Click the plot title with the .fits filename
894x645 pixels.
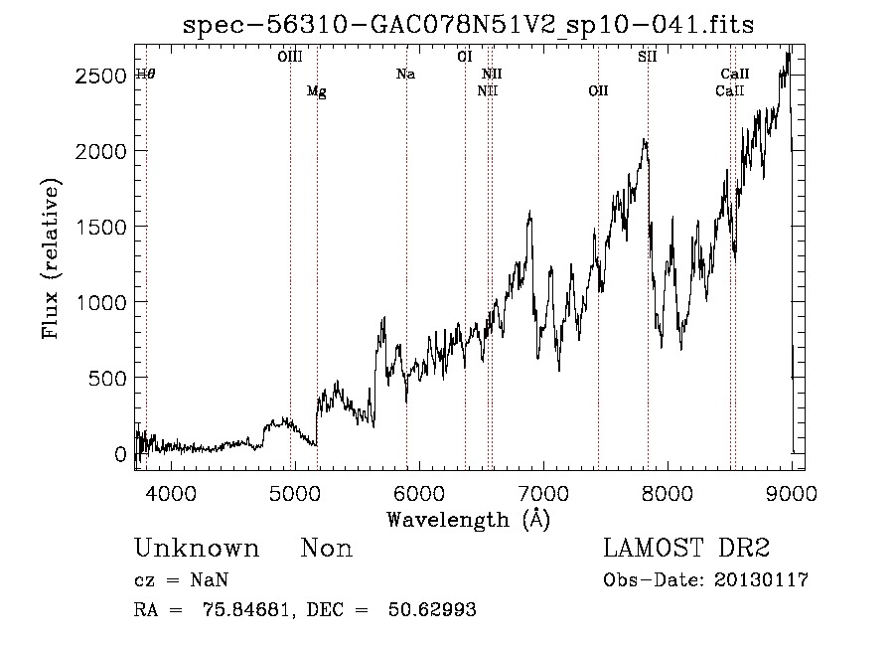click(x=468, y=25)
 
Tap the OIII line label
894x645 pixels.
click(x=289, y=58)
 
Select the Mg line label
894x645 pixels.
click(x=316, y=92)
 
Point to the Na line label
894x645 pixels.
click(x=405, y=75)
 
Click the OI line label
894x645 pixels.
click(x=464, y=58)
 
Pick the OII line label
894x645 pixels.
click(x=597, y=91)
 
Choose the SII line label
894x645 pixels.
click(x=647, y=58)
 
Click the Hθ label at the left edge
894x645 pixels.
click(x=146, y=75)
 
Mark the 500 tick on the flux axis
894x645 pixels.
click(x=107, y=378)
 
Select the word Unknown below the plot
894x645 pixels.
click(x=196, y=549)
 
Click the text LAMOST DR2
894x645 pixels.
click(x=686, y=549)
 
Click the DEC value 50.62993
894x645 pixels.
click(x=436, y=610)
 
